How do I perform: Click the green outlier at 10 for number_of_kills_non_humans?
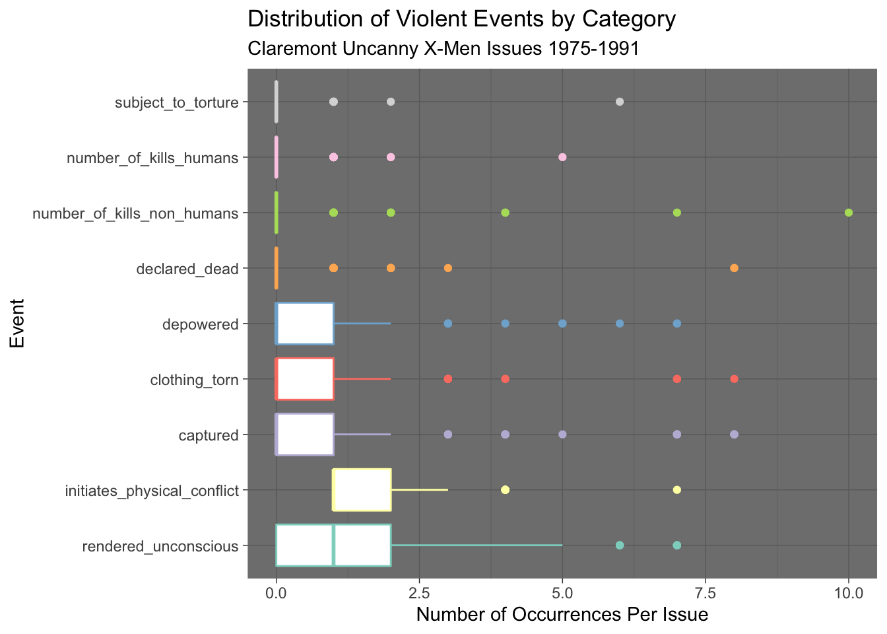[x=849, y=213]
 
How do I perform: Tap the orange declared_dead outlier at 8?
[x=734, y=268]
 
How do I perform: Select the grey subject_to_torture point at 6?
[x=619, y=102]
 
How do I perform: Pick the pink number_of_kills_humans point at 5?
[x=562, y=157]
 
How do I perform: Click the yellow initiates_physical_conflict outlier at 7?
[x=676, y=490]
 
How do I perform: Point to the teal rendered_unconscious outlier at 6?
[x=619, y=546]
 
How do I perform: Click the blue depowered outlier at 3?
[x=447, y=324]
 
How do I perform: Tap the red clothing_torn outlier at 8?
[x=734, y=379]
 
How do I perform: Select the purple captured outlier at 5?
[x=562, y=435]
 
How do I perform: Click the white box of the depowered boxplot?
[x=305, y=324]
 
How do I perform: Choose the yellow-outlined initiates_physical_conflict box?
[x=362, y=490]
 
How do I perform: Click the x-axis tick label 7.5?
[x=706, y=593]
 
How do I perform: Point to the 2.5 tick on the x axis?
[x=419, y=593]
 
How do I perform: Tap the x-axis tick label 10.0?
[x=849, y=593]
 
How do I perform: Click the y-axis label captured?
[x=208, y=435]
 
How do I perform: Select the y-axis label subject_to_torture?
[x=176, y=102]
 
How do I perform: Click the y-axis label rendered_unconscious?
[x=160, y=546]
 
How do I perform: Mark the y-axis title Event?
[x=18, y=324]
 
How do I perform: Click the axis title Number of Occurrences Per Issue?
[x=562, y=616]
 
